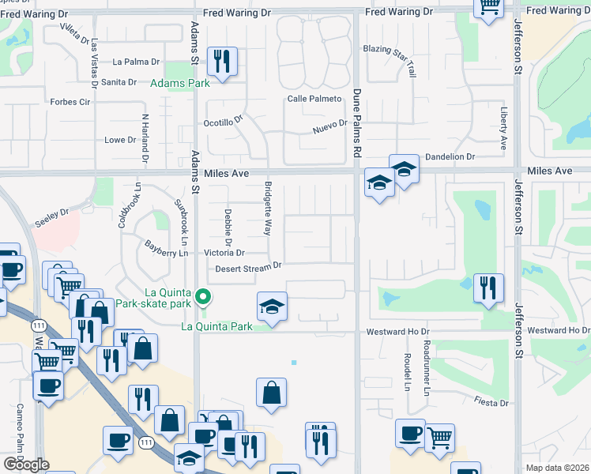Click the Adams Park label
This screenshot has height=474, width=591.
click(179, 82)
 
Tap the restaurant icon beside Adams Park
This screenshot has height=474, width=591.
click(221, 60)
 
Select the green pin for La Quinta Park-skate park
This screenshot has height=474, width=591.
click(203, 298)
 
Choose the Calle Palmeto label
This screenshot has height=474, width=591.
click(314, 99)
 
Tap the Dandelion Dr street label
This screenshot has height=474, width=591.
click(450, 157)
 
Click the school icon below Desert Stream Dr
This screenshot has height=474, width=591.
click(272, 306)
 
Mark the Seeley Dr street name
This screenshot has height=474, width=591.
click(53, 213)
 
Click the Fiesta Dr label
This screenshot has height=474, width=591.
click(492, 403)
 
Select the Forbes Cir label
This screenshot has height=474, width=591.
click(70, 102)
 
